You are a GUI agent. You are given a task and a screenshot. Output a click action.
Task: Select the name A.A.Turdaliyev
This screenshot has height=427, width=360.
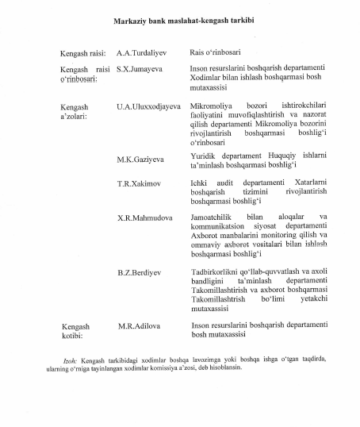point(144,53)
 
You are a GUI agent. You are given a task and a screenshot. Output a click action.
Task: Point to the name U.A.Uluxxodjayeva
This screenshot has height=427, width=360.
point(148,106)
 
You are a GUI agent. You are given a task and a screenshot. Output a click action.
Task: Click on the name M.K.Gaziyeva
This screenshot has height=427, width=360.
point(140,159)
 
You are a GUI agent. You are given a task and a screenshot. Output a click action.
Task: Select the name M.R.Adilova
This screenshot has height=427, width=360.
point(140,326)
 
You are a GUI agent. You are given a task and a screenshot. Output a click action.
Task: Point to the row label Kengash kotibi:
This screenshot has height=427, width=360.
point(75,331)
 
